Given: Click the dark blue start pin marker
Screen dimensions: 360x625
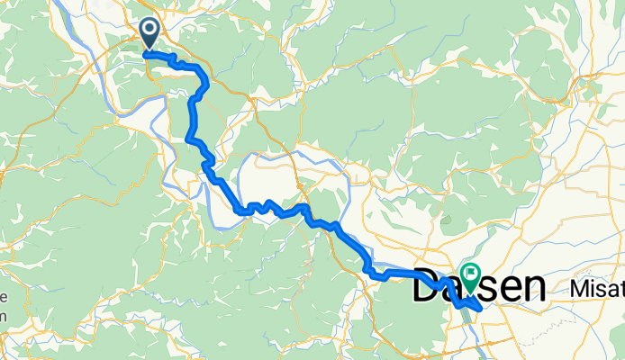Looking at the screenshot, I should coord(149,34).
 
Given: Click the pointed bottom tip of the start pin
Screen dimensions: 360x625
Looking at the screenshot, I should coord(149,52).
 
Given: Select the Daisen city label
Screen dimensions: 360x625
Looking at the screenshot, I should coord(479,288).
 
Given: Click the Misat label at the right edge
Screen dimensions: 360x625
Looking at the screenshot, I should coord(597,289).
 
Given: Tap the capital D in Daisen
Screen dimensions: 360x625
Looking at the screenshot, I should coord(429,288).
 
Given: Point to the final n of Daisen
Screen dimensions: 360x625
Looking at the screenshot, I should coord(534,290).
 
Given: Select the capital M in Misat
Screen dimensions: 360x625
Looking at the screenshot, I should coord(578,289).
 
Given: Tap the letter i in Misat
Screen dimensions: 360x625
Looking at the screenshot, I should coord(590,289).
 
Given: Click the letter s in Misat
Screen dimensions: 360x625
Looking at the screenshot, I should coord(598,290).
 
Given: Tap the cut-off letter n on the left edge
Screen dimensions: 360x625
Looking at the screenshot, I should coord(3,316).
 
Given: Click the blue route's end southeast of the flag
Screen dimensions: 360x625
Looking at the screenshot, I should coord(480,309).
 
